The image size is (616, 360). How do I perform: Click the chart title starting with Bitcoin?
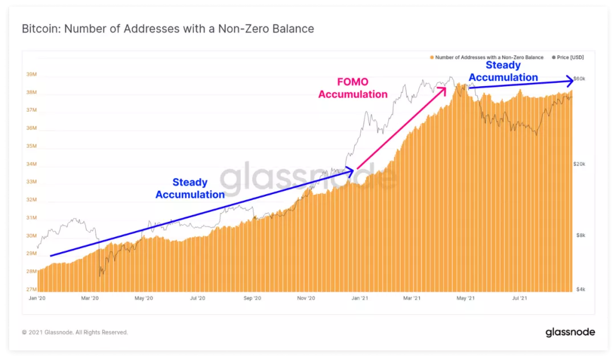pyautogui.click(x=168, y=29)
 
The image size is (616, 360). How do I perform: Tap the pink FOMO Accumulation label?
pyautogui.click(x=353, y=88)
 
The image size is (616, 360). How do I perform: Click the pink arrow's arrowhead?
pyautogui.click(x=444, y=90)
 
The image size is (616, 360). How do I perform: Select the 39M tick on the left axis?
pyautogui.click(x=31, y=74)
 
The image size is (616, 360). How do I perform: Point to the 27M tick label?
pyautogui.click(x=31, y=289)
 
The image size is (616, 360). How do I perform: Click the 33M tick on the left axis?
pyautogui.click(x=31, y=181)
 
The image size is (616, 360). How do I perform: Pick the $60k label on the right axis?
pyautogui.click(x=579, y=79)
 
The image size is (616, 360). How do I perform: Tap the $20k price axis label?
pyautogui.click(x=579, y=164)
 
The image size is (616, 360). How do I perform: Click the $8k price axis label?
pyautogui.click(x=581, y=236)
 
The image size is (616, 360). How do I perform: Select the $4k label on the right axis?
pyautogui.click(x=581, y=289)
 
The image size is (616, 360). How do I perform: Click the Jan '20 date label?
pyautogui.click(x=37, y=298)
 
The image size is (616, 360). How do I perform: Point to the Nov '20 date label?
pyautogui.click(x=306, y=298)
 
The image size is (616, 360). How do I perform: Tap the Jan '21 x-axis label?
pyautogui.click(x=359, y=298)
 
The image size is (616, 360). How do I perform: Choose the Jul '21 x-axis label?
pyautogui.click(x=520, y=298)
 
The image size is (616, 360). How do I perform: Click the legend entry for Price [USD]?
pyautogui.click(x=568, y=58)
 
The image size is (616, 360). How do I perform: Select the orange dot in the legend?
pyautogui.click(x=432, y=58)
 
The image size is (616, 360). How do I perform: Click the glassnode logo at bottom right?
pyautogui.click(x=570, y=332)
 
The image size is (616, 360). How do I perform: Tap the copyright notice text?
pyautogui.click(x=75, y=333)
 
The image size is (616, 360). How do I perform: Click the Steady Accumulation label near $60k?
pyautogui.click(x=503, y=71)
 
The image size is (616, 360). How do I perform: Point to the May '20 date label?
pyautogui.click(x=144, y=298)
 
